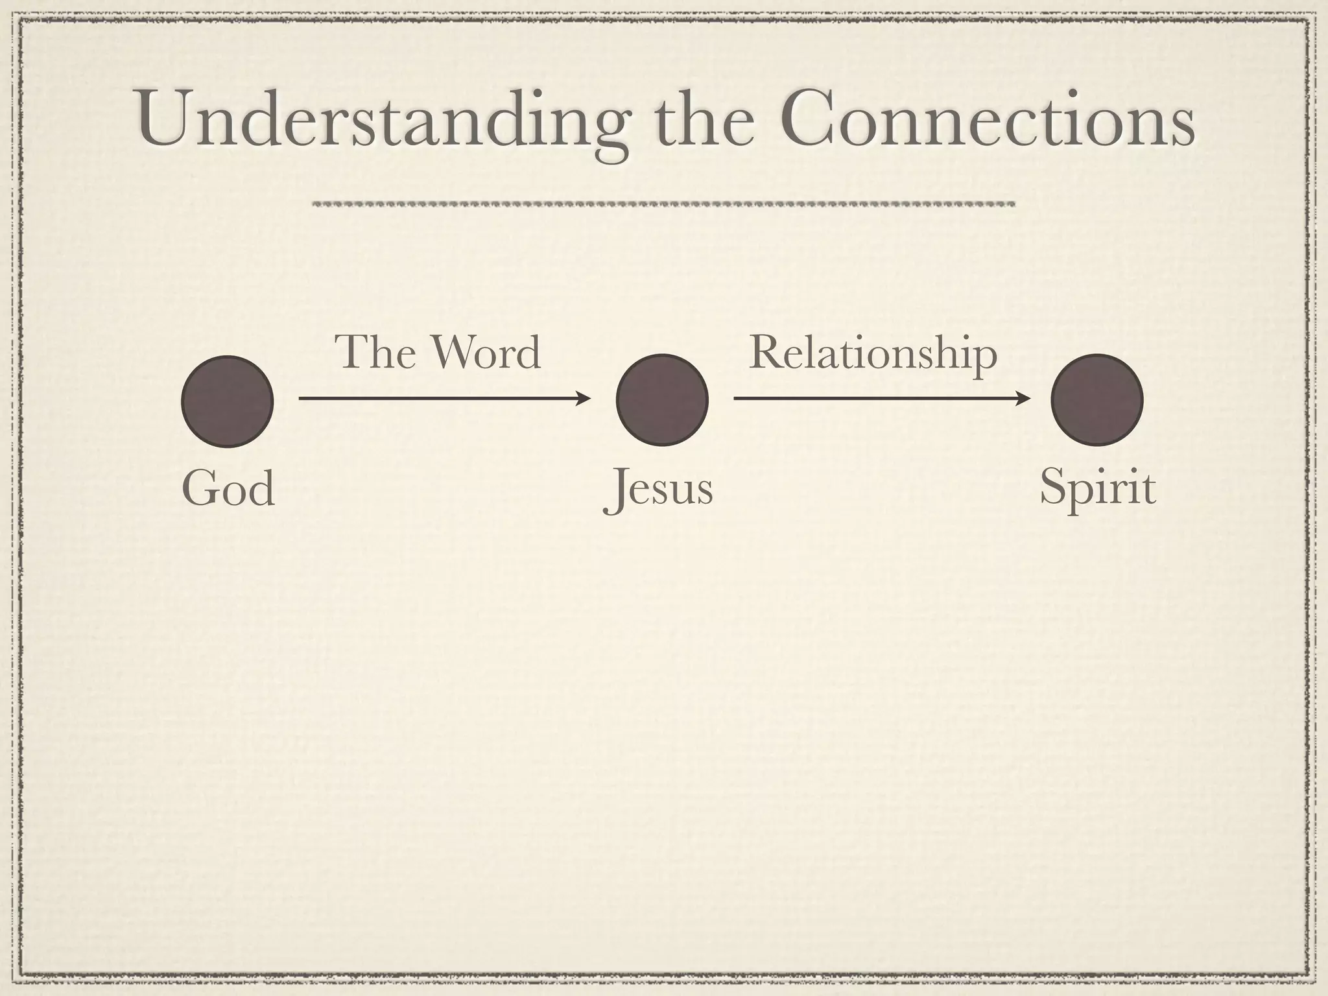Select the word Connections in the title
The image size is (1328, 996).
(986, 120)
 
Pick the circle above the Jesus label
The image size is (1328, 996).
(662, 400)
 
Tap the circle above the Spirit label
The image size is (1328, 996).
(1097, 400)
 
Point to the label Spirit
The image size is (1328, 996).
(1097, 488)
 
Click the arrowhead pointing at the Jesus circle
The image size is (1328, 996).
(584, 398)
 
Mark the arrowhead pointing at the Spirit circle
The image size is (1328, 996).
(1023, 398)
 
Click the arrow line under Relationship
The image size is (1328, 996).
(875, 398)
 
